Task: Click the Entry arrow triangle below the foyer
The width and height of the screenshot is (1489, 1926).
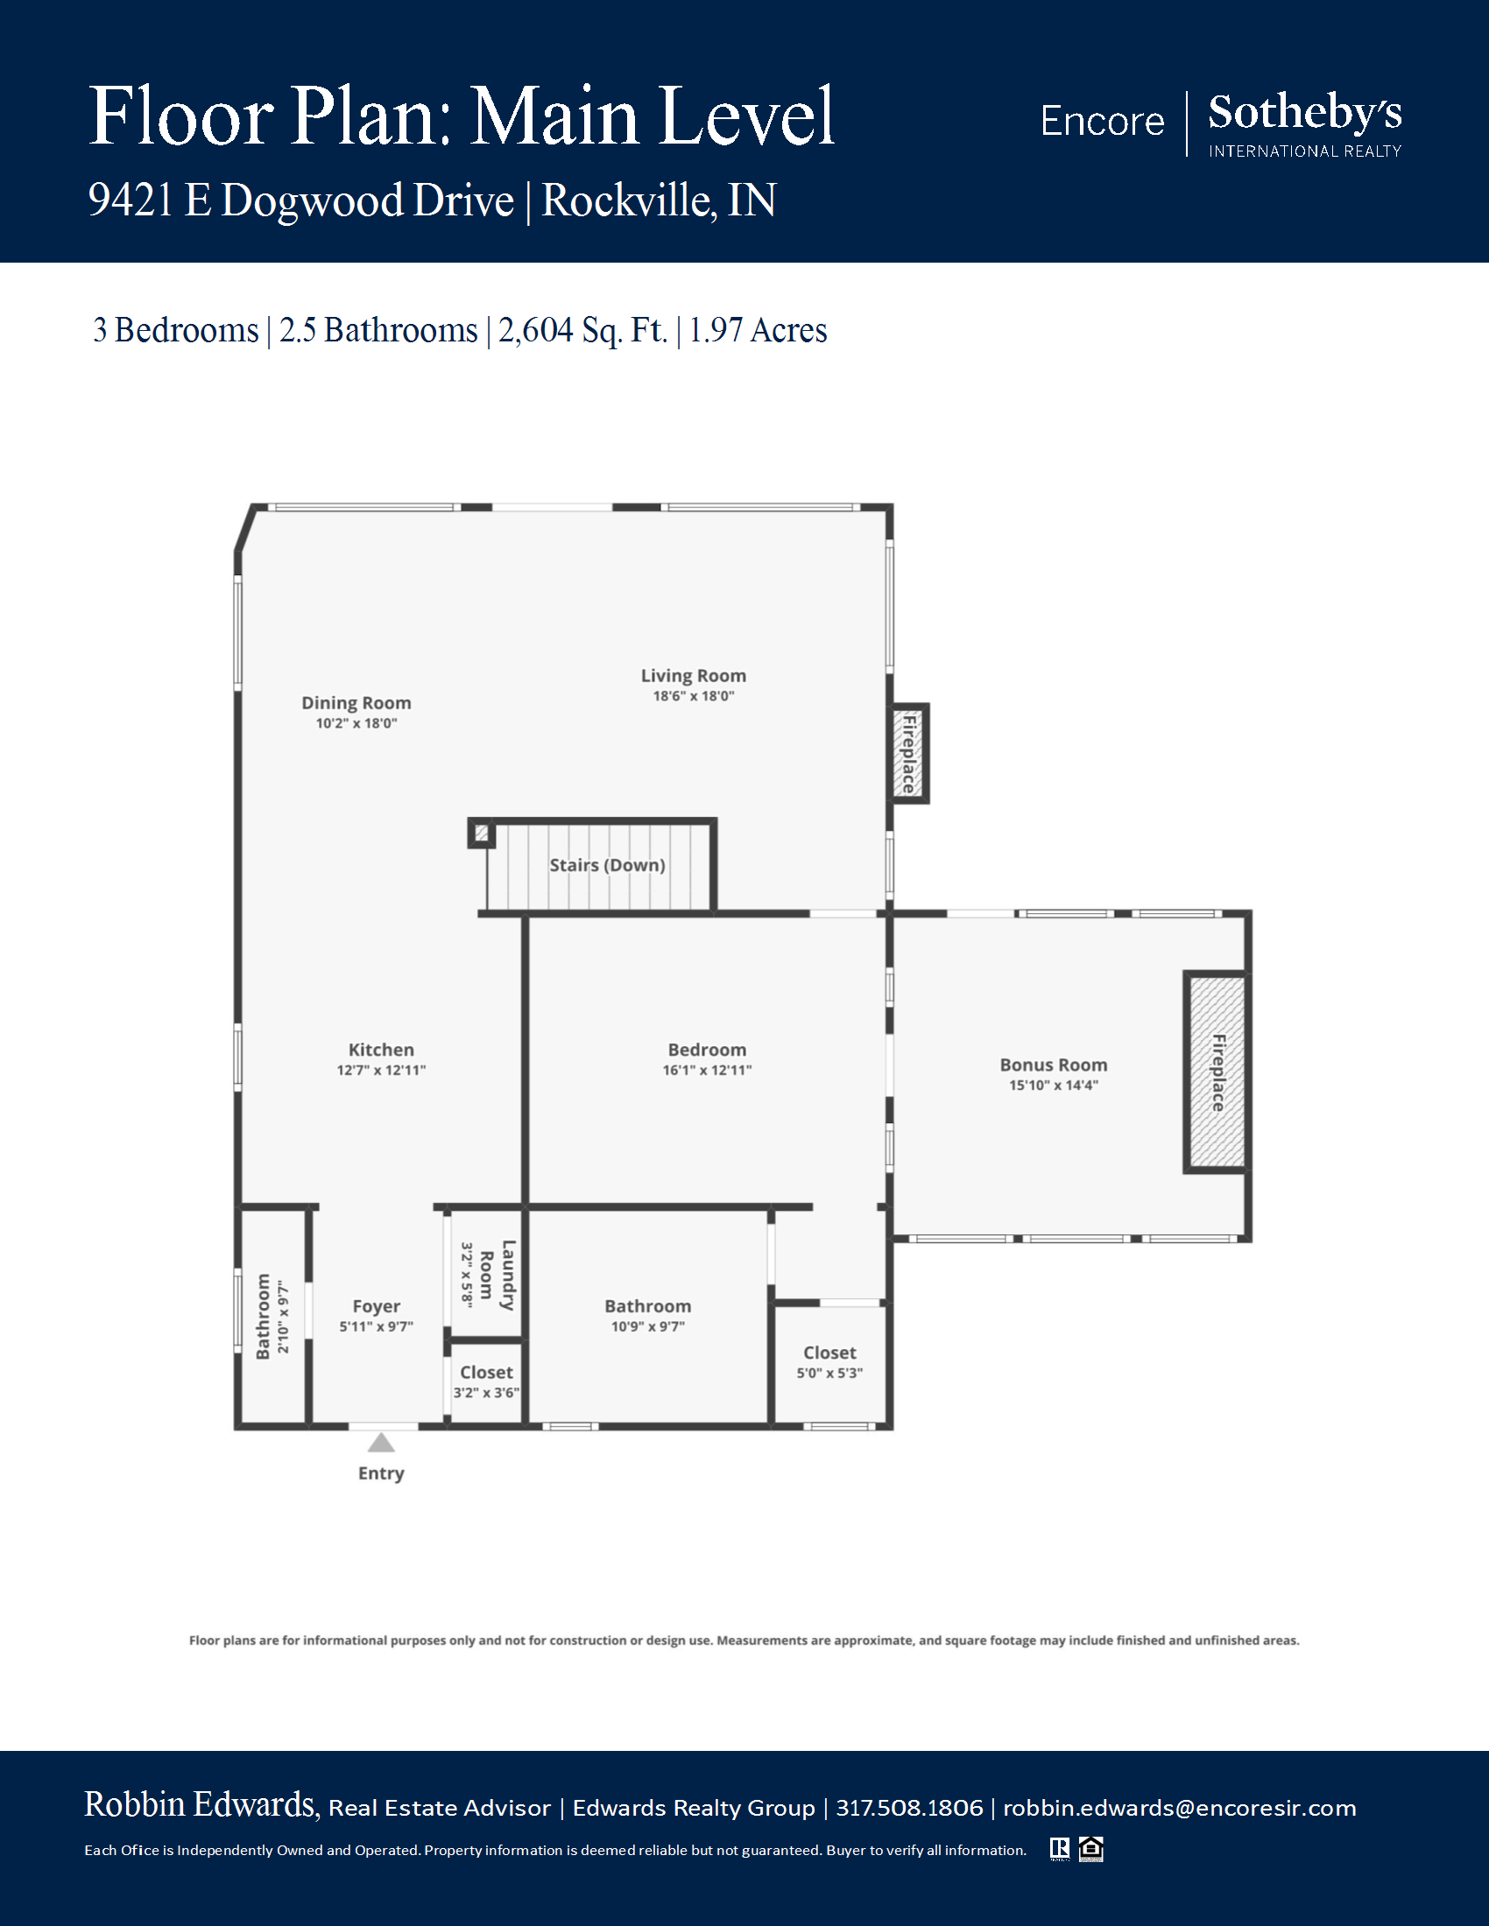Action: click(381, 1443)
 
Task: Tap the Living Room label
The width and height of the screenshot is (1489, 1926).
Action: click(694, 676)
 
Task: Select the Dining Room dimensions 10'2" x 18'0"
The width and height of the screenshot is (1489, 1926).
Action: click(356, 723)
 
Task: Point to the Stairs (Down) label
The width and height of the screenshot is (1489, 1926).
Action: click(607, 865)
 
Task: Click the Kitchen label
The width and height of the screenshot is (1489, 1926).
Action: click(381, 1050)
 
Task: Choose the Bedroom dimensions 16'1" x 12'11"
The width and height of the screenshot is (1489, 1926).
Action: click(708, 1070)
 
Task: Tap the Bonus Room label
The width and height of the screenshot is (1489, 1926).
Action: click(1053, 1065)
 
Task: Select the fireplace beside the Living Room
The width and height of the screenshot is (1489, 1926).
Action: click(908, 754)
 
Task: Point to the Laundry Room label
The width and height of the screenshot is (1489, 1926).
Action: click(497, 1275)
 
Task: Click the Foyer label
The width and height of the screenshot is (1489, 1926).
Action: click(377, 1306)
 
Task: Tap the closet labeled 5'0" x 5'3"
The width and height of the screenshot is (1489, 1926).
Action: click(830, 1362)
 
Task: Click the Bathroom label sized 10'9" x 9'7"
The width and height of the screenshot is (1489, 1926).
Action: click(647, 1306)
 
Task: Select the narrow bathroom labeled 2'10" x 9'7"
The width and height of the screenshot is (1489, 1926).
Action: click(272, 1317)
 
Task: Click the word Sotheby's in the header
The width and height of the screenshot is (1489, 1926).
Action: click(1305, 113)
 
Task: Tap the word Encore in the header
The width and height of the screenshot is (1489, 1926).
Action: click(1102, 121)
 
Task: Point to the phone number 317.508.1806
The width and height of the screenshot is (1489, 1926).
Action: click(909, 1808)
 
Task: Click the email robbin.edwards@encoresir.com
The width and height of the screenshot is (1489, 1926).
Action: click(1180, 1808)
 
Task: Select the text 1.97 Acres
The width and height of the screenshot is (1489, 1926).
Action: click(758, 330)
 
